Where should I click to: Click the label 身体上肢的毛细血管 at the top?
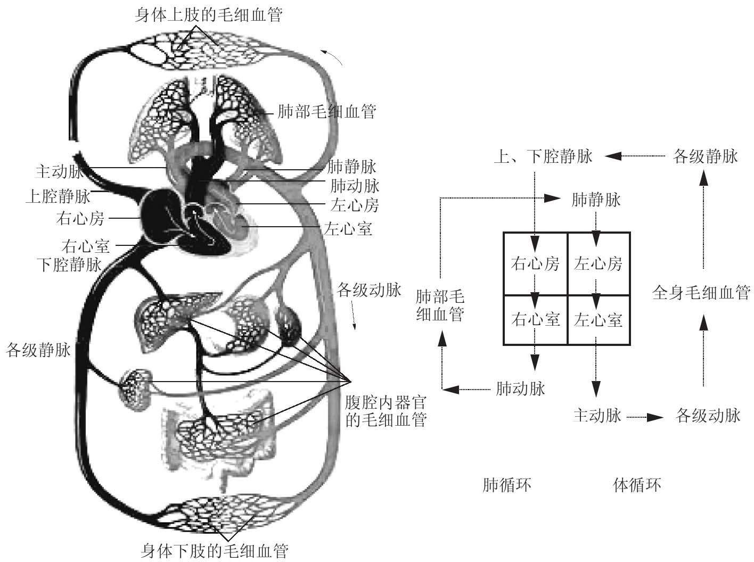point(208,14)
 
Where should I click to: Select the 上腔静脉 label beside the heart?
point(58,196)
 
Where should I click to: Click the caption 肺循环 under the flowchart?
point(506,485)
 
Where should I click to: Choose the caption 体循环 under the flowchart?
point(637,485)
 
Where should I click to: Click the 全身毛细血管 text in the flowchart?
point(701,293)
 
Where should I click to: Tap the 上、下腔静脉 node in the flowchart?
point(543,157)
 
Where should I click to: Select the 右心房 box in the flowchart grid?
point(535,263)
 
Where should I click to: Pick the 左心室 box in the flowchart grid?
point(599,320)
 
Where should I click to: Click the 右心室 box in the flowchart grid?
point(535,320)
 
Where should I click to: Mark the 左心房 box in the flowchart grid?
point(599,263)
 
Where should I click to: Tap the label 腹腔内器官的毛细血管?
point(386,410)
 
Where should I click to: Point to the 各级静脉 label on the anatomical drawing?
point(38,351)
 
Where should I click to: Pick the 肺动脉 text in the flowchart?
point(520,389)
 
